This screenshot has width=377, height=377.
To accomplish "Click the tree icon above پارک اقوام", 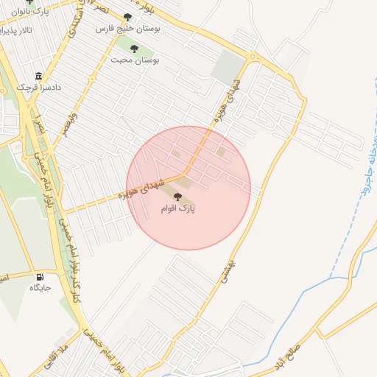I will tap(177, 197).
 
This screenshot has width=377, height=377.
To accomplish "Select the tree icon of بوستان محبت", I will tap(134, 49).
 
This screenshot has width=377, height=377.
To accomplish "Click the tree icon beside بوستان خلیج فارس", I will tap(128, 17).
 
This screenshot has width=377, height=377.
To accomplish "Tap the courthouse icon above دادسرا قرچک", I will tap(39, 77).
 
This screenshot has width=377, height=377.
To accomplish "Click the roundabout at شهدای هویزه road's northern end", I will tap(253, 57).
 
